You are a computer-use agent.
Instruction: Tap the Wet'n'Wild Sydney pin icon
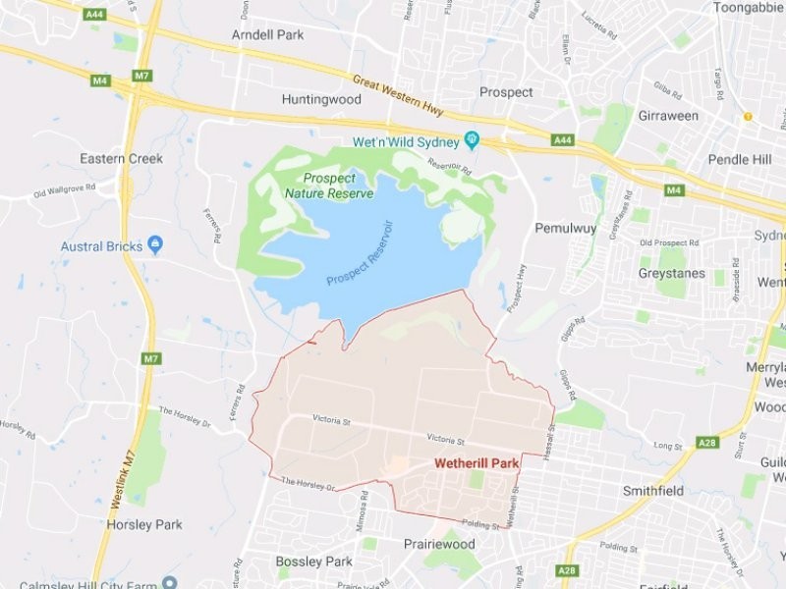(x=472, y=141)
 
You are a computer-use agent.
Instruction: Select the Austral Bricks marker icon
(x=155, y=244)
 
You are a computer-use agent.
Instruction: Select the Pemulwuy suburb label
(x=566, y=228)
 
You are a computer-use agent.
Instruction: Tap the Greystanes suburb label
(x=671, y=273)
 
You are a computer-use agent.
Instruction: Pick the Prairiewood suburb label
(x=439, y=544)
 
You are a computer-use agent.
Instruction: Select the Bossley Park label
(x=312, y=562)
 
